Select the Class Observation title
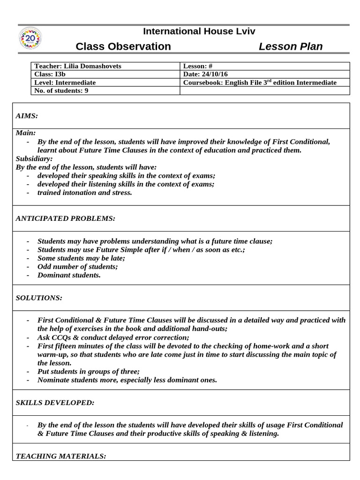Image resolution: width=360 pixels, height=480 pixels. [x=123, y=46]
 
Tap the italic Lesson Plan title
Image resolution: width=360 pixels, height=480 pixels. [x=291, y=46]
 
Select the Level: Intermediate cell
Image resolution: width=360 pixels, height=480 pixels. [x=65, y=82]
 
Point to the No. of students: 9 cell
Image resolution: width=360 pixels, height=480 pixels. [x=61, y=90]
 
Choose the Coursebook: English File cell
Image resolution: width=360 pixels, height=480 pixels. [x=260, y=82]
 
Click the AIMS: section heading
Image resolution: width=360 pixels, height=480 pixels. [x=27, y=115]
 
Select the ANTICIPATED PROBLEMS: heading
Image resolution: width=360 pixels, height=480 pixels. [x=65, y=218]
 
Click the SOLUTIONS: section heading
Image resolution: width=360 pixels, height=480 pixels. [x=39, y=298]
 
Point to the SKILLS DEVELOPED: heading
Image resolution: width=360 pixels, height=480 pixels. [x=55, y=402]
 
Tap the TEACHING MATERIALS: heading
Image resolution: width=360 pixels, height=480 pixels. [x=61, y=456]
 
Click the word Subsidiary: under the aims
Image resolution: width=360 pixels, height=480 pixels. [x=34, y=158]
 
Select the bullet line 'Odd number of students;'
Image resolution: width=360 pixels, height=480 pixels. [x=77, y=266]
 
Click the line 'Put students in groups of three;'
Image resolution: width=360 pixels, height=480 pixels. [x=89, y=371]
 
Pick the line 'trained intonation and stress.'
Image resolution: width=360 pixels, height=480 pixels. [x=84, y=192]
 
